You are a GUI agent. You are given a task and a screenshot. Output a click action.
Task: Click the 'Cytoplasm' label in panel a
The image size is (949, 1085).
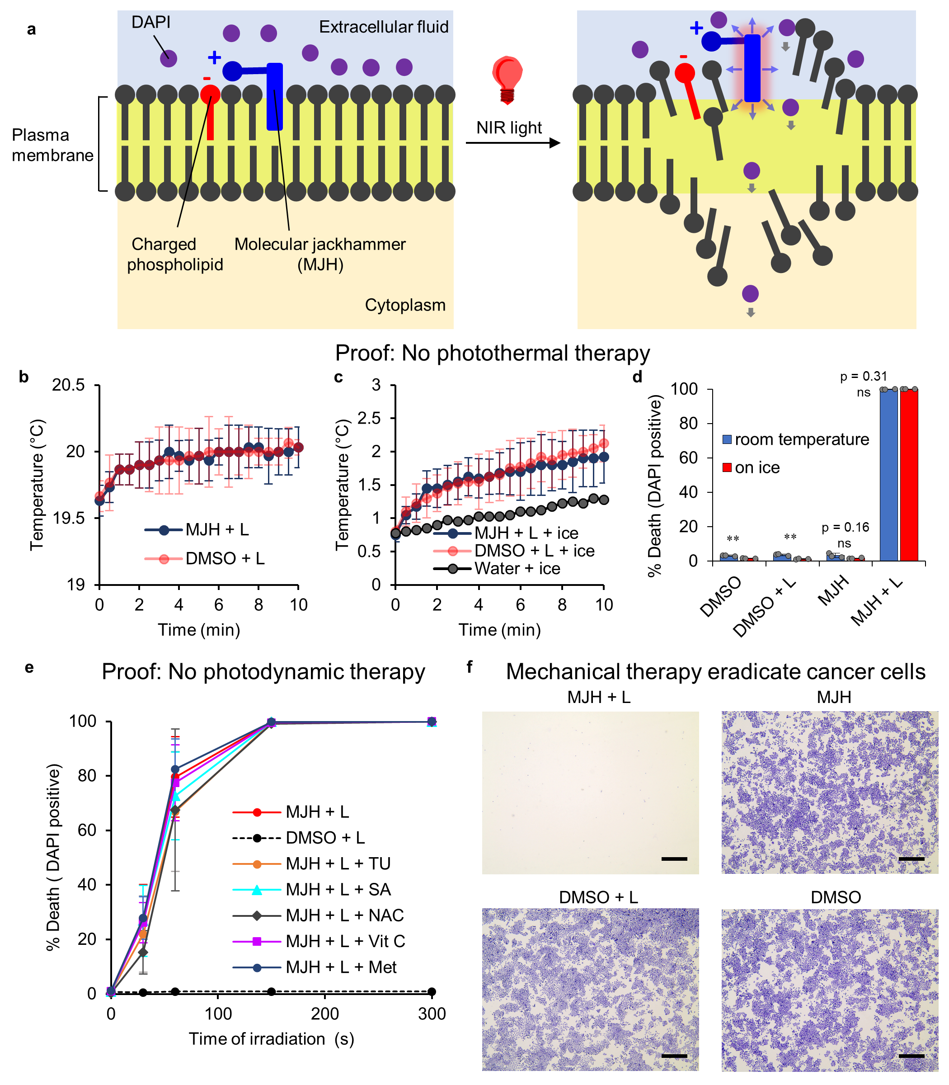click(x=405, y=305)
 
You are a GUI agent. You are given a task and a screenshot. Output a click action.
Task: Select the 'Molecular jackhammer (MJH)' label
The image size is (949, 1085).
click(x=320, y=254)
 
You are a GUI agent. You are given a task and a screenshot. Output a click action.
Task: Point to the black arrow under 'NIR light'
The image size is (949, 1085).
click(x=512, y=143)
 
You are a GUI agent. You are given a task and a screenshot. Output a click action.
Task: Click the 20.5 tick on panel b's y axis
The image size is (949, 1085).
click(x=68, y=385)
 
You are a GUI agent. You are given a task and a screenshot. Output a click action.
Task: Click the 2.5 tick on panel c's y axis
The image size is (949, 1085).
click(x=369, y=419)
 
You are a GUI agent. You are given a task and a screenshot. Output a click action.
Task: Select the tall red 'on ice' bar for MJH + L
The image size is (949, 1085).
click(x=909, y=474)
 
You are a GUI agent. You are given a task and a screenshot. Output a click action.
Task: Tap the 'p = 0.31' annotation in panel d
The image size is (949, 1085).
click(x=863, y=376)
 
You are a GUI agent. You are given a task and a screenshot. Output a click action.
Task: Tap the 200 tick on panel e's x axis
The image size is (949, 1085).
click(x=324, y=1014)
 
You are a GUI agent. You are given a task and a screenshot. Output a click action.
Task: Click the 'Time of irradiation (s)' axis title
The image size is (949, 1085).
click(x=272, y=1039)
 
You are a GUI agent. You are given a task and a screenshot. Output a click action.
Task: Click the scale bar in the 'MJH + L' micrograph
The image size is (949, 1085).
click(x=674, y=859)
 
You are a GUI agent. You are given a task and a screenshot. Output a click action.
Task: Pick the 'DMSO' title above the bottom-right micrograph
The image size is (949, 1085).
click(x=836, y=897)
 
